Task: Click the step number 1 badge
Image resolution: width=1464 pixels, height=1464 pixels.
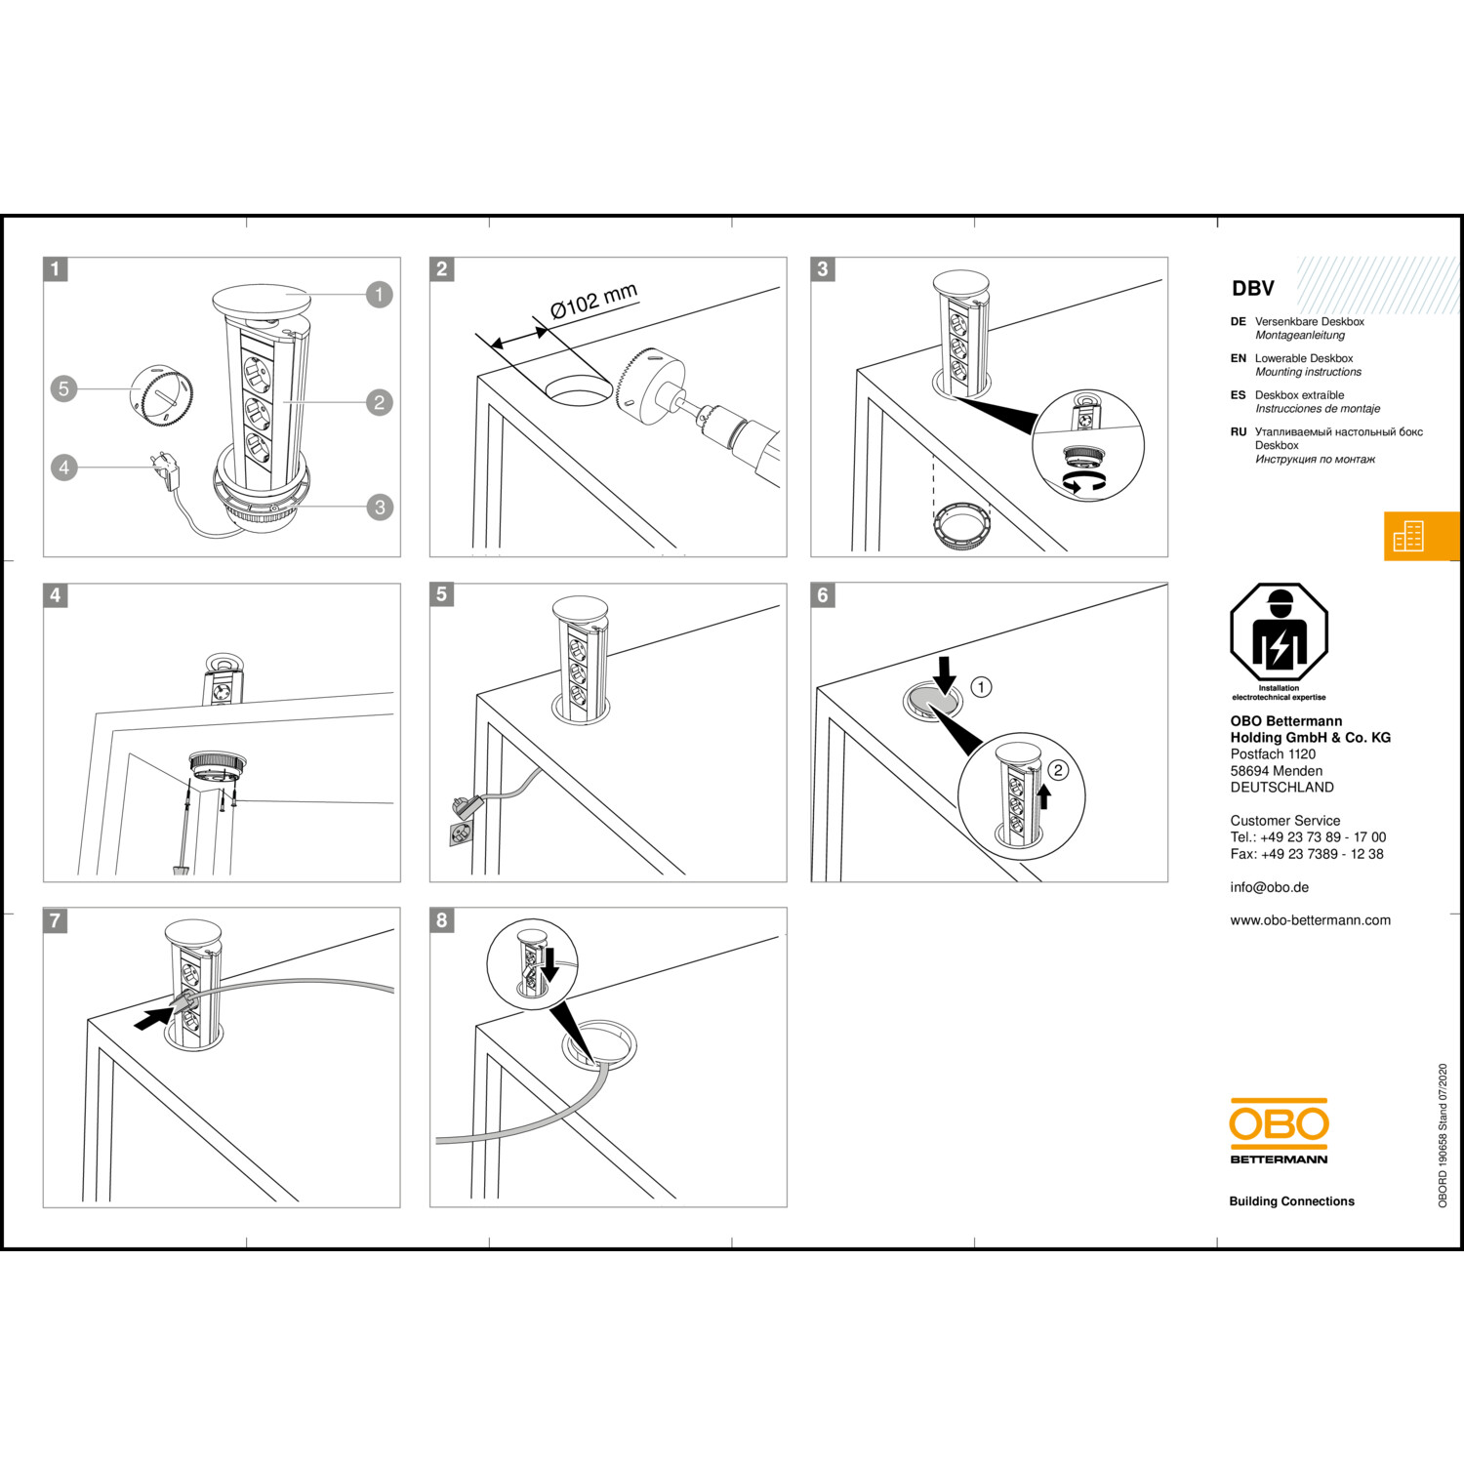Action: click(x=56, y=269)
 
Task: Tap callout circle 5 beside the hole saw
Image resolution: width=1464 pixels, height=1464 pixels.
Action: click(x=64, y=388)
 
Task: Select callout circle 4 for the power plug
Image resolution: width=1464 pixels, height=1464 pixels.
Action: click(x=64, y=468)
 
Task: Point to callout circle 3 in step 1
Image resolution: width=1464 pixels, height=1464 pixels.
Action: click(x=380, y=507)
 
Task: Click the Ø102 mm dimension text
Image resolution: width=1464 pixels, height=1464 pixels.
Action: click(x=593, y=301)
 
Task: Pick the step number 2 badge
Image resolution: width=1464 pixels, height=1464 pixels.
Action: click(x=442, y=269)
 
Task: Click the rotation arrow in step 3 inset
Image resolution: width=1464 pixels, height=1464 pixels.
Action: click(x=1085, y=484)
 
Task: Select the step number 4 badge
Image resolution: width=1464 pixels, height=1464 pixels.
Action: click(x=56, y=595)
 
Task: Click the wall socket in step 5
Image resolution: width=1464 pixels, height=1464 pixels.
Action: click(x=461, y=834)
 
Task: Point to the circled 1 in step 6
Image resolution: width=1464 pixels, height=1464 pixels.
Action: click(x=981, y=687)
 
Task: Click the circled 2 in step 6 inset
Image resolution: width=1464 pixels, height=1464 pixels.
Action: click(x=1058, y=770)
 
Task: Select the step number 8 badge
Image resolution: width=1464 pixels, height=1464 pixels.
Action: click(x=442, y=920)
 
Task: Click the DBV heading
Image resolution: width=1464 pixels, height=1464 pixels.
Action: click(x=1253, y=289)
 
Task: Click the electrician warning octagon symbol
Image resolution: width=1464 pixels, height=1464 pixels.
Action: click(x=1280, y=633)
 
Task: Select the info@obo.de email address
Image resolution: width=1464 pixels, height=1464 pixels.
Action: click(x=1269, y=887)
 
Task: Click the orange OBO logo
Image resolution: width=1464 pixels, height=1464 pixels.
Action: click(x=1279, y=1123)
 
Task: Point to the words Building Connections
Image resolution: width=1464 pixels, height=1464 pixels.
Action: click(x=1291, y=1201)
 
